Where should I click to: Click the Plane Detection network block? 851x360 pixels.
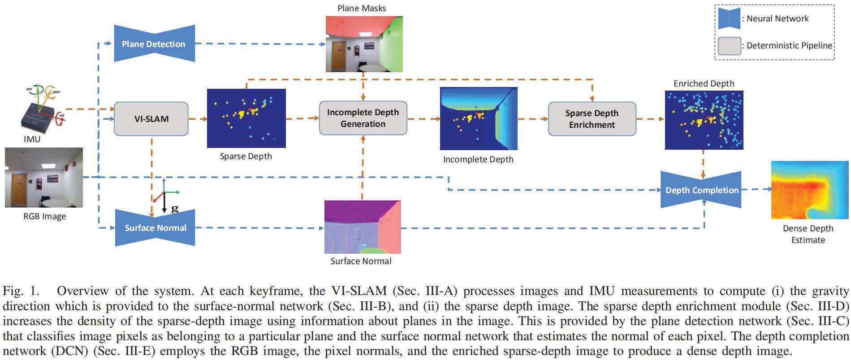coord(154,43)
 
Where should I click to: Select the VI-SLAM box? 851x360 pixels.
coord(151,119)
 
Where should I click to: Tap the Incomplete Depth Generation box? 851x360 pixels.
coord(363,118)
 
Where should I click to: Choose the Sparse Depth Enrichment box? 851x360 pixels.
coord(592,119)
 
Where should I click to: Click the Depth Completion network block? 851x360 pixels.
coord(702,190)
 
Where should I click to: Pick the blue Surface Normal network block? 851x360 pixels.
coord(155,227)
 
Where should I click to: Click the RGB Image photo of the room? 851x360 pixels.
coord(44,178)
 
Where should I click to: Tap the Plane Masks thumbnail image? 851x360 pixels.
coord(363,44)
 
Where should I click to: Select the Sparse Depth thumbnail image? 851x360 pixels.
coord(246,118)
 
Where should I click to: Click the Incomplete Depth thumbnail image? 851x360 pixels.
coord(478,118)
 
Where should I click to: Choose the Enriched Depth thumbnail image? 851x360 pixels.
coord(704,120)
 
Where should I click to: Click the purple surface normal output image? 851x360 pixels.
coord(362,227)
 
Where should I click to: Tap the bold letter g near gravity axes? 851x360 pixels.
coord(175,208)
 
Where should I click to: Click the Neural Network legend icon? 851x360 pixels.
coord(729,18)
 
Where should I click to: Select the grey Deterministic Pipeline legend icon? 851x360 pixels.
coord(729,46)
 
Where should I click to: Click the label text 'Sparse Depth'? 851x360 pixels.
coord(246,156)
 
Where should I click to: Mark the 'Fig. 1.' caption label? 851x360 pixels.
coord(21,291)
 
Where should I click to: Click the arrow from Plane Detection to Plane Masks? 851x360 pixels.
coord(260,44)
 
